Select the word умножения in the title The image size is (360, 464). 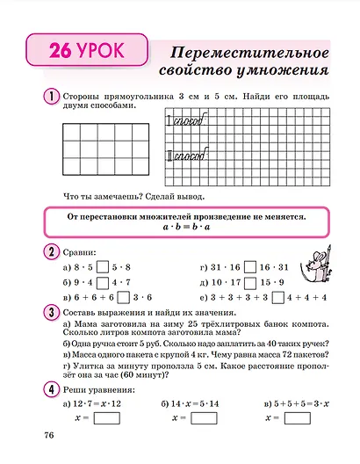click(x=278, y=68)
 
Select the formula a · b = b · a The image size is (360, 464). click(x=181, y=227)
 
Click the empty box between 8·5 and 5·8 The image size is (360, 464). click(x=102, y=266)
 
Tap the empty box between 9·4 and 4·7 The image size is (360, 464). click(x=102, y=282)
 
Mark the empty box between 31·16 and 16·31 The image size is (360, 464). click(x=242, y=266)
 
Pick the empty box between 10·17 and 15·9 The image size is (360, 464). click(x=242, y=282)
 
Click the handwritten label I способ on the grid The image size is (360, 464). click(x=184, y=123)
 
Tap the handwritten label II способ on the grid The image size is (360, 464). click(x=185, y=156)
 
